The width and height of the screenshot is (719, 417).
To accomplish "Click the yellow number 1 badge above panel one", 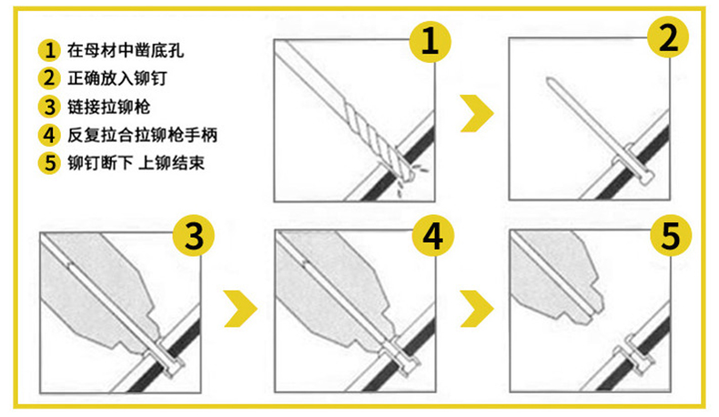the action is (430, 41).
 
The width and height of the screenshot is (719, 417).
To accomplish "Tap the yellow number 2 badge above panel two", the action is (668, 36).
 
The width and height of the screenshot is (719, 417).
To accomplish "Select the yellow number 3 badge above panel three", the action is (194, 236).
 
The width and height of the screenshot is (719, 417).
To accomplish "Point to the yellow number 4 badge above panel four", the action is (432, 235).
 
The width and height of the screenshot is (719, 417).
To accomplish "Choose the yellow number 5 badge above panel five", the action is (671, 235).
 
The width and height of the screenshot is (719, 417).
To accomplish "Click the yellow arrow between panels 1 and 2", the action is (477, 113).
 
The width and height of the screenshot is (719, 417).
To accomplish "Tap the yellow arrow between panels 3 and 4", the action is (241, 309).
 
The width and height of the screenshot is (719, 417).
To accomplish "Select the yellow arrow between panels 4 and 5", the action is (477, 309).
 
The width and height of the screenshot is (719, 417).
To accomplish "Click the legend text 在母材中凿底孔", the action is (126, 50).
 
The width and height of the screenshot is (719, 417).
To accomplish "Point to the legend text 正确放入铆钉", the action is (116, 78).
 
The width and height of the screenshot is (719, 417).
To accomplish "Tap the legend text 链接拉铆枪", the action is (108, 107).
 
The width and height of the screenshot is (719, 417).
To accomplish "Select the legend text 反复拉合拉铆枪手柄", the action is (142, 135).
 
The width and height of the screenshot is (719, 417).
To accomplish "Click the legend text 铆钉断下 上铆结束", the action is (136, 163).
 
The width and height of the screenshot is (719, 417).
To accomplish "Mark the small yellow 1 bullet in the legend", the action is (49, 50).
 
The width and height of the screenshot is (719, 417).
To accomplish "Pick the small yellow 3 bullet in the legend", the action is (49, 107).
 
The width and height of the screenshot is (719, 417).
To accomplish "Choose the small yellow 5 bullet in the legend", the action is (49, 163).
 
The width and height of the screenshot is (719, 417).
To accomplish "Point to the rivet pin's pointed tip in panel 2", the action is (548, 79).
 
